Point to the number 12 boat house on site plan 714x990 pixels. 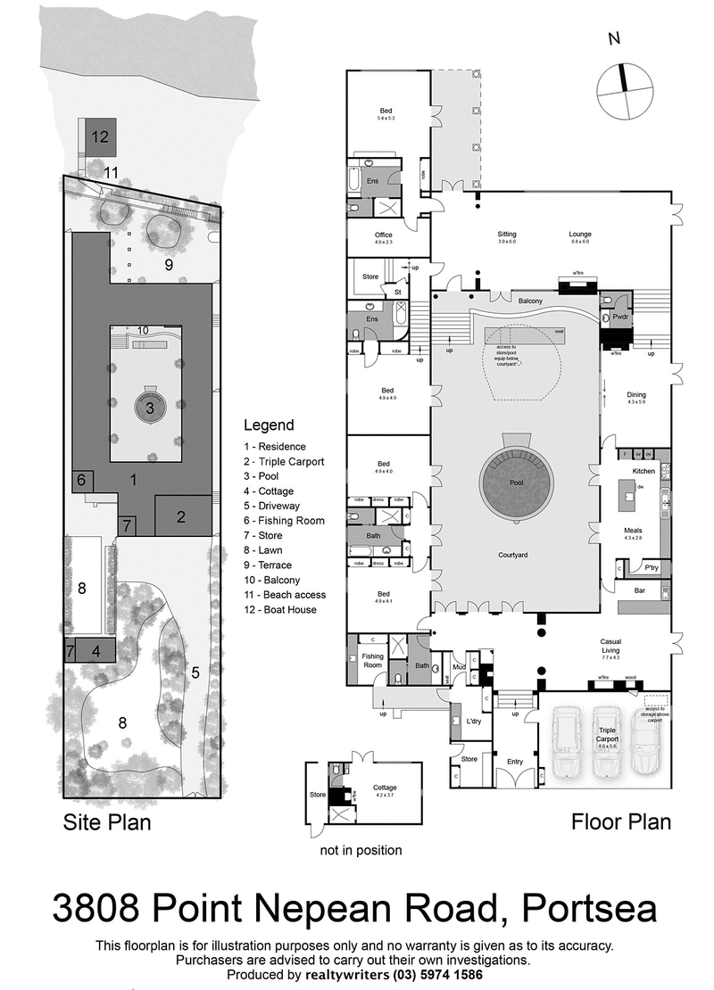pyautogui.click(x=99, y=136)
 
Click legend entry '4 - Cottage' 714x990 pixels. pyautogui.click(x=269, y=491)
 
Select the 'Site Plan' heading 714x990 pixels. pyautogui.click(x=106, y=821)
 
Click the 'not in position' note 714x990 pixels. pyautogui.click(x=361, y=850)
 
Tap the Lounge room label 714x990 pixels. pyautogui.click(x=581, y=235)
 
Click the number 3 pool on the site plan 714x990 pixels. pyautogui.click(x=150, y=408)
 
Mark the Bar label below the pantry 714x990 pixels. pyautogui.click(x=637, y=590)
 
